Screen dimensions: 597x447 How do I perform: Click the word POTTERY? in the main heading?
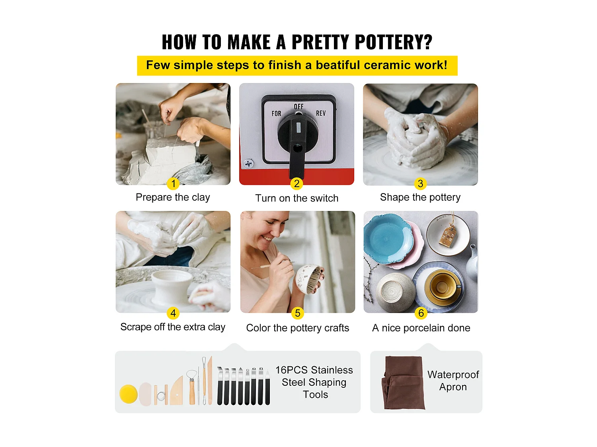[393, 42]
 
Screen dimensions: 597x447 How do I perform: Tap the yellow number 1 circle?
[173, 184]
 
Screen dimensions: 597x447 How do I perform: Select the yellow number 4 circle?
[173, 313]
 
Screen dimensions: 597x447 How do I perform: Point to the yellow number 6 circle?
[421, 313]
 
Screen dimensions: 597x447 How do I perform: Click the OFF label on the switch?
[298, 106]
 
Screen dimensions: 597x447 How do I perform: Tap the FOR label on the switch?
[276, 114]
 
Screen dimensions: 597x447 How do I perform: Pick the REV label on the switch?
[321, 113]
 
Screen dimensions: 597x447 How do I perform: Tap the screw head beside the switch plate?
[248, 164]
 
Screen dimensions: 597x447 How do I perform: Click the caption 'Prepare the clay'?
[173, 197]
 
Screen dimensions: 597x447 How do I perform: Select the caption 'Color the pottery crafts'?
[298, 328]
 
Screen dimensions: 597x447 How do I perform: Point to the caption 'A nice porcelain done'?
[421, 328]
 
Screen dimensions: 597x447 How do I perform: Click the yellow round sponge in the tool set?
[128, 394]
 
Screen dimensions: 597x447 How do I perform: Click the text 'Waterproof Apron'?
[453, 381]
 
